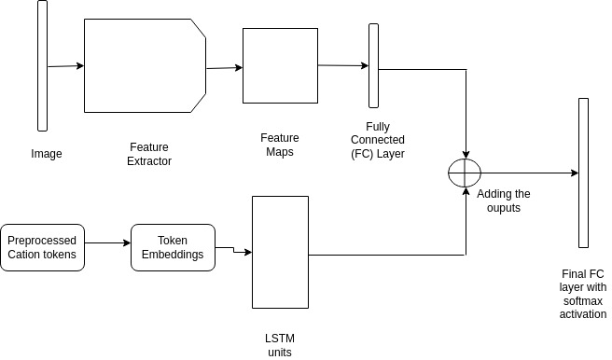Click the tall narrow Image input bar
click(x=42, y=66)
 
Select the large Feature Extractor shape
click(x=145, y=66)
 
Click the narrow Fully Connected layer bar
click(x=373, y=65)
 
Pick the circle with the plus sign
click(x=464, y=173)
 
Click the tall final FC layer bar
click(x=583, y=173)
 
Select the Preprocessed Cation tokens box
click(x=44, y=247)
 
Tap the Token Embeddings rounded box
click(x=173, y=247)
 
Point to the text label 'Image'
click(x=47, y=154)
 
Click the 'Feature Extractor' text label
click(x=149, y=154)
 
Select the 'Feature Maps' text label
click(x=279, y=145)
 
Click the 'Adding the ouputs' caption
click(x=504, y=201)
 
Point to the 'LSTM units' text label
click(x=280, y=344)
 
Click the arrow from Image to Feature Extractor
click(x=65, y=66)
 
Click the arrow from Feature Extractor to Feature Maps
click(x=224, y=67)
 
